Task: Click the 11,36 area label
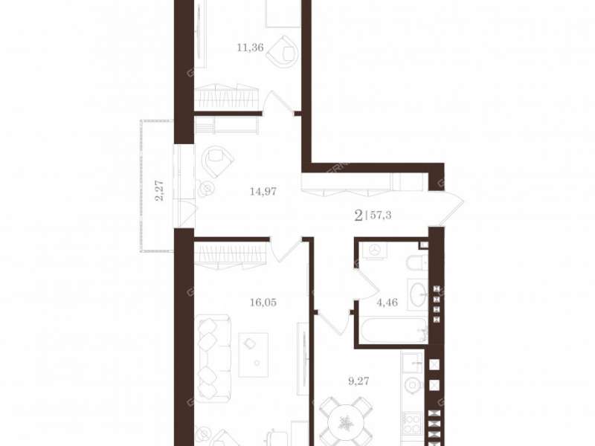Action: click(250, 48)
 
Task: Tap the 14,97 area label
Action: click(263, 192)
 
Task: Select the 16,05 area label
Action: click(263, 303)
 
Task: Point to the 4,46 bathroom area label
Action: click(387, 303)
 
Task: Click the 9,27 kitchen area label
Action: click(358, 381)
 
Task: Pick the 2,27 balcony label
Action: click(160, 190)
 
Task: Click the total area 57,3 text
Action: click(381, 216)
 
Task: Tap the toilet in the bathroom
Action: click(417, 263)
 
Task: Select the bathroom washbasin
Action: click(417, 294)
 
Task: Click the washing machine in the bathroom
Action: click(374, 251)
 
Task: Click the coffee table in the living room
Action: click(253, 355)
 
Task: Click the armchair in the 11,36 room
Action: click(282, 52)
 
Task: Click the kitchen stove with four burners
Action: click(412, 423)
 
